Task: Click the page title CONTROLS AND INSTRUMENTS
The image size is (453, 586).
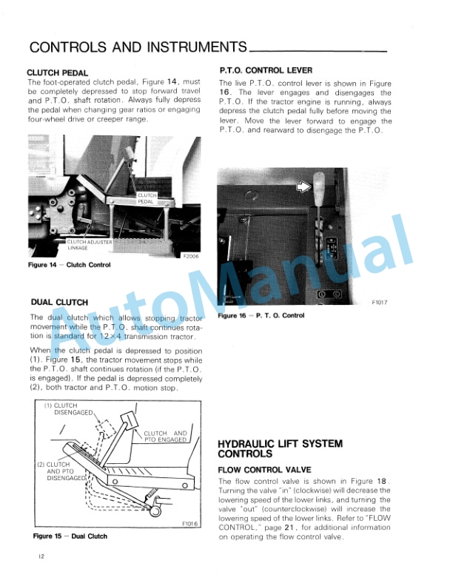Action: [138, 48]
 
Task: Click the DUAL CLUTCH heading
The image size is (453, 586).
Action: [60, 302]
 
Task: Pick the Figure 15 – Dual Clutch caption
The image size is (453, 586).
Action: [70, 536]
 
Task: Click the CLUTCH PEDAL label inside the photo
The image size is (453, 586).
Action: [147, 198]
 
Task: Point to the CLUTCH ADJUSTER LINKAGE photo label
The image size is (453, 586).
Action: [90, 245]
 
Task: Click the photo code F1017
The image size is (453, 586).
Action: [380, 303]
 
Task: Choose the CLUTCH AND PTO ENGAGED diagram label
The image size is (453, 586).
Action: [166, 437]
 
